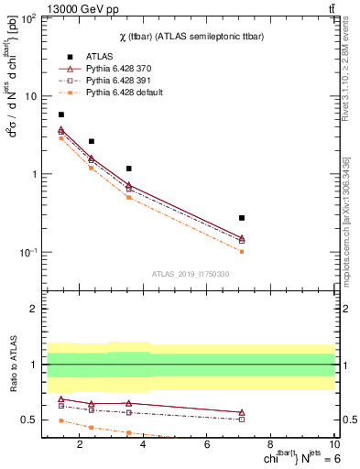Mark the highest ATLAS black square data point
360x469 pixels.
click(x=61, y=115)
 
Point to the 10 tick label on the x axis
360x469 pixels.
click(x=335, y=446)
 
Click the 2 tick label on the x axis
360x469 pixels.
click(x=81, y=446)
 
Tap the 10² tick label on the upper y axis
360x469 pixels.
click(x=29, y=18)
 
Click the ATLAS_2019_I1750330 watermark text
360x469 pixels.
click(x=191, y=274)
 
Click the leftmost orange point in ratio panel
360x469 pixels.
click(x=61, y=420)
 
